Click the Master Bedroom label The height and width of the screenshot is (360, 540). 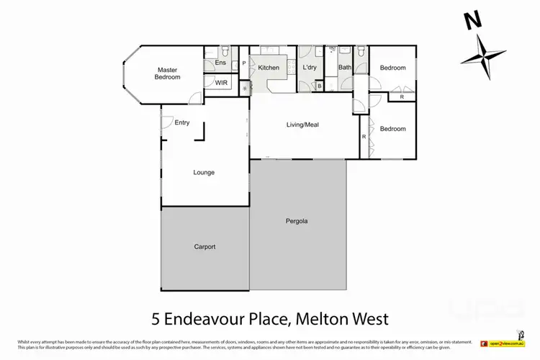168,73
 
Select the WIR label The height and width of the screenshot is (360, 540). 222,83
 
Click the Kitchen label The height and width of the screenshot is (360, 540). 269,68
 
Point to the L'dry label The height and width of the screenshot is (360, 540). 310,68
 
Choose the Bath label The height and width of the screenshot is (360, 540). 344,68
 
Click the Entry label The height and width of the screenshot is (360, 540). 182,122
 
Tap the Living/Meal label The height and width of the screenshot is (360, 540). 302,125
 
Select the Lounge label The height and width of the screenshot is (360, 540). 204,172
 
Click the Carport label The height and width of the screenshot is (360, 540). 204,247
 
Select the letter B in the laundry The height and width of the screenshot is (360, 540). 320,86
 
